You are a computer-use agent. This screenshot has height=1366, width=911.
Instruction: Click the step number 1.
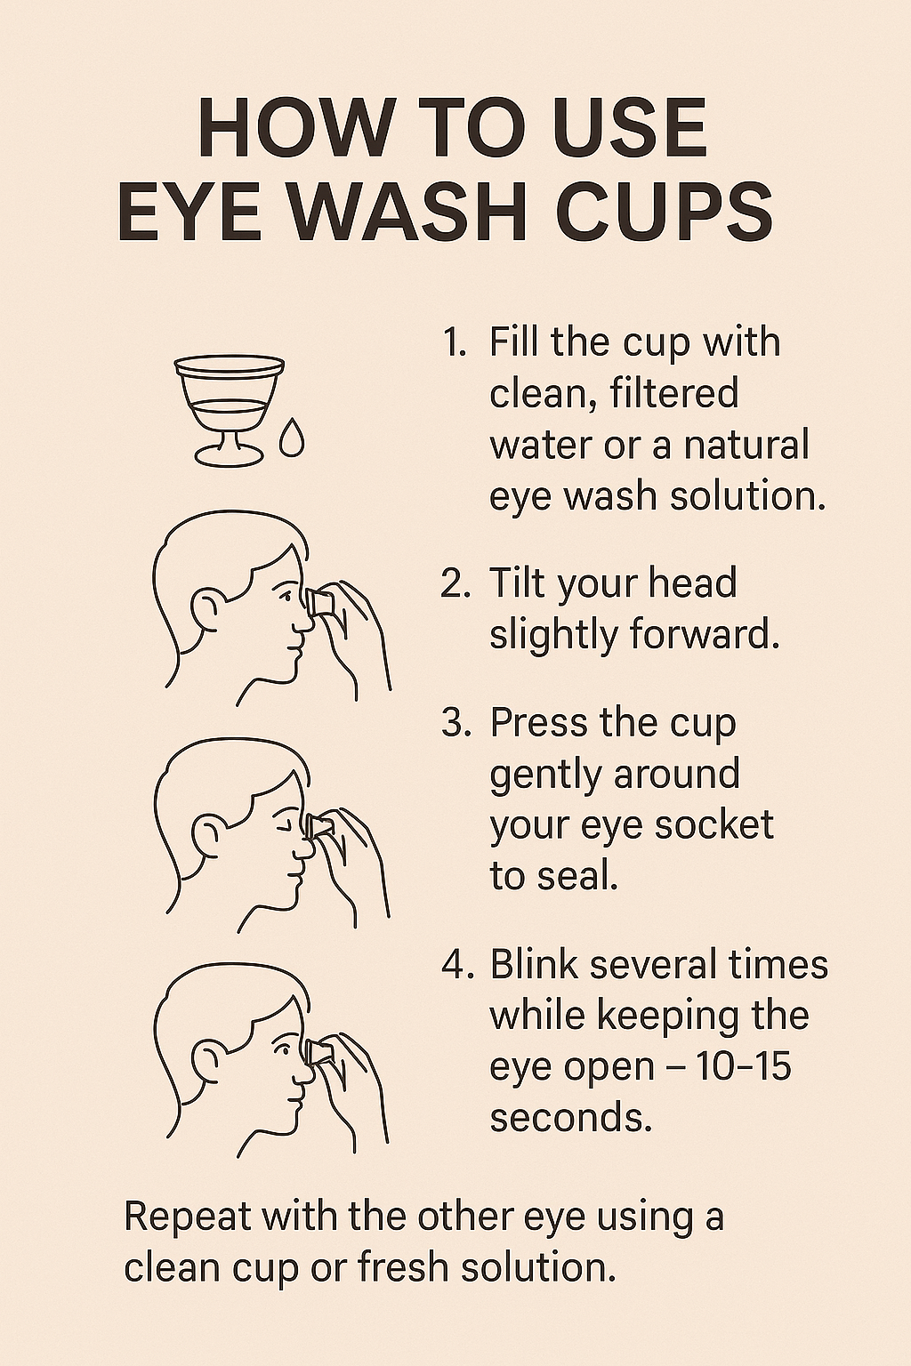[454, 343]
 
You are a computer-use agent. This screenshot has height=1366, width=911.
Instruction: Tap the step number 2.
[455, 584]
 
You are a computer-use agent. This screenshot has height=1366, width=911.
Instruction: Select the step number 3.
[455, 723]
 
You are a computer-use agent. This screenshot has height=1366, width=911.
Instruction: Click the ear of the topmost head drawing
[205, 607]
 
